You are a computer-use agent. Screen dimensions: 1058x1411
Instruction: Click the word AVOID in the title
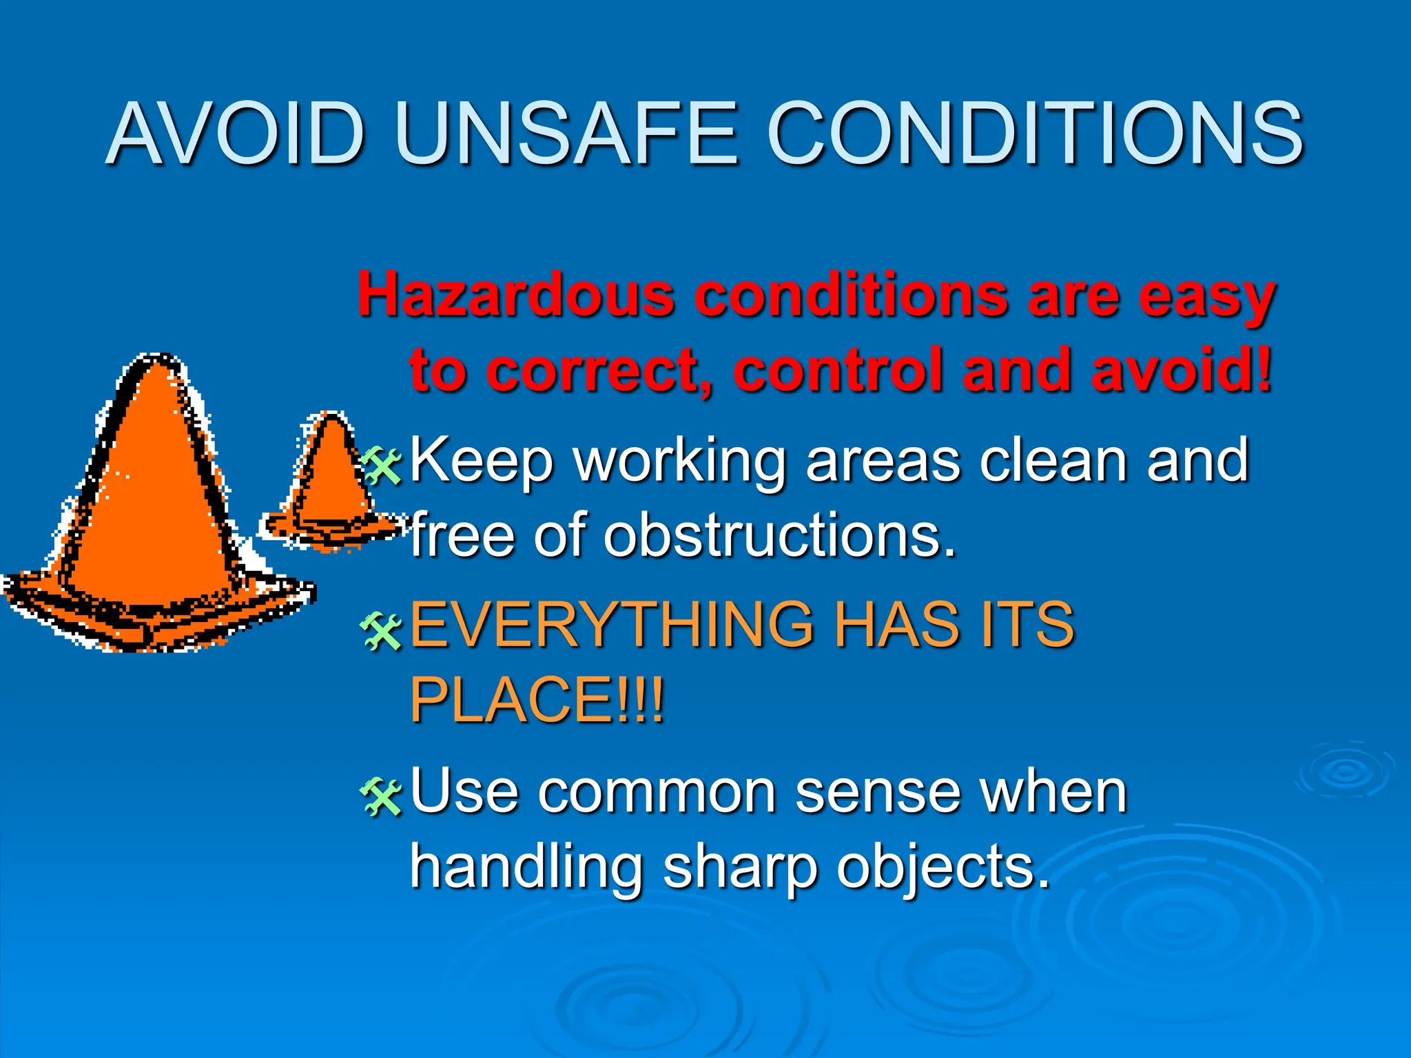click(x=236, y=134)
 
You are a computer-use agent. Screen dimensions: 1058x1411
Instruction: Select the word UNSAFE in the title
click(x=566, y=134)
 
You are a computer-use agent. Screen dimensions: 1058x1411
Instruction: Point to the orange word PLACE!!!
click(x=537, y=700)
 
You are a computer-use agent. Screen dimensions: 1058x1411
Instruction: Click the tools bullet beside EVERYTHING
click(x=381, y=631)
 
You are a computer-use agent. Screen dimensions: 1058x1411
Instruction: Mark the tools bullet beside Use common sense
click(x=381, y=797)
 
